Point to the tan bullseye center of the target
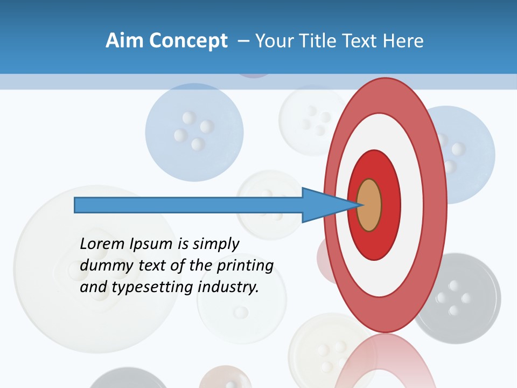tap(369, 205)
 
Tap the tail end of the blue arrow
tap(77, 205)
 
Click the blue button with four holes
tap(194, 131)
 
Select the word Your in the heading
tap(272, 41)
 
